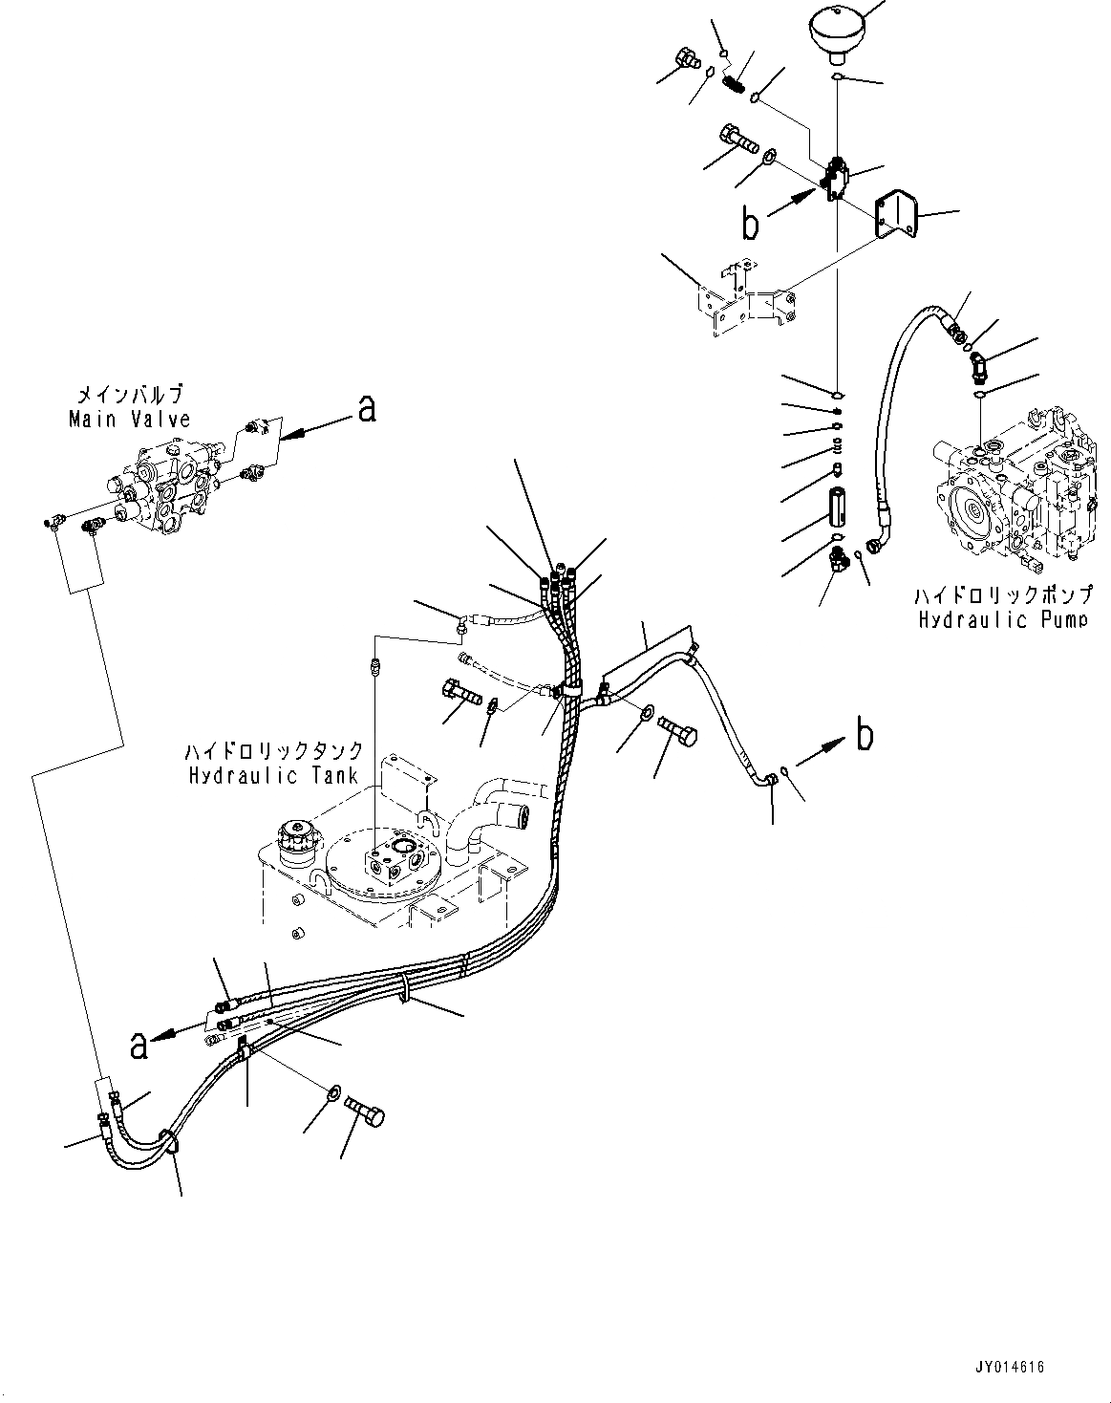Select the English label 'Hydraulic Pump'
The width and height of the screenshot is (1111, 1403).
(x=1002, y=620)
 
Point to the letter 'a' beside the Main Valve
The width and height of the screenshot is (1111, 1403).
(x=366, y=409)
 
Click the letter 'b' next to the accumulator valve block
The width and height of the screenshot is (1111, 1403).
(x=752, y=223)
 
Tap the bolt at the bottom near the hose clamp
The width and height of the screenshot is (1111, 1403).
(x=365, y=1115)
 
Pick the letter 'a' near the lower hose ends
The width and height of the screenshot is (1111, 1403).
(x=140, y=1046)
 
